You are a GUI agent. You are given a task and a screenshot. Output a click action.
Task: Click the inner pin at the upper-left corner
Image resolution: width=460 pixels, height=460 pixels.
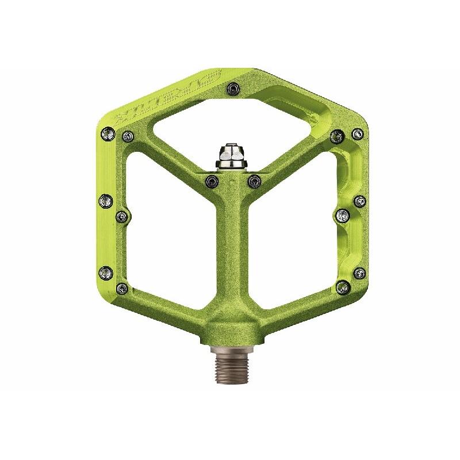tap(127, 136)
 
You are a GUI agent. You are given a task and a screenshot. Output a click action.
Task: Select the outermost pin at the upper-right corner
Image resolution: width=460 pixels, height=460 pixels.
tap(357, 134)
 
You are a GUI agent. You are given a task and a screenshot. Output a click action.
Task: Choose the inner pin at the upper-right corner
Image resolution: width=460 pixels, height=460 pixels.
tap(337, 136)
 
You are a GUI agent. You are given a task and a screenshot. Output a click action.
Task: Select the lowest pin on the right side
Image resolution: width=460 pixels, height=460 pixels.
tap(343, 286)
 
